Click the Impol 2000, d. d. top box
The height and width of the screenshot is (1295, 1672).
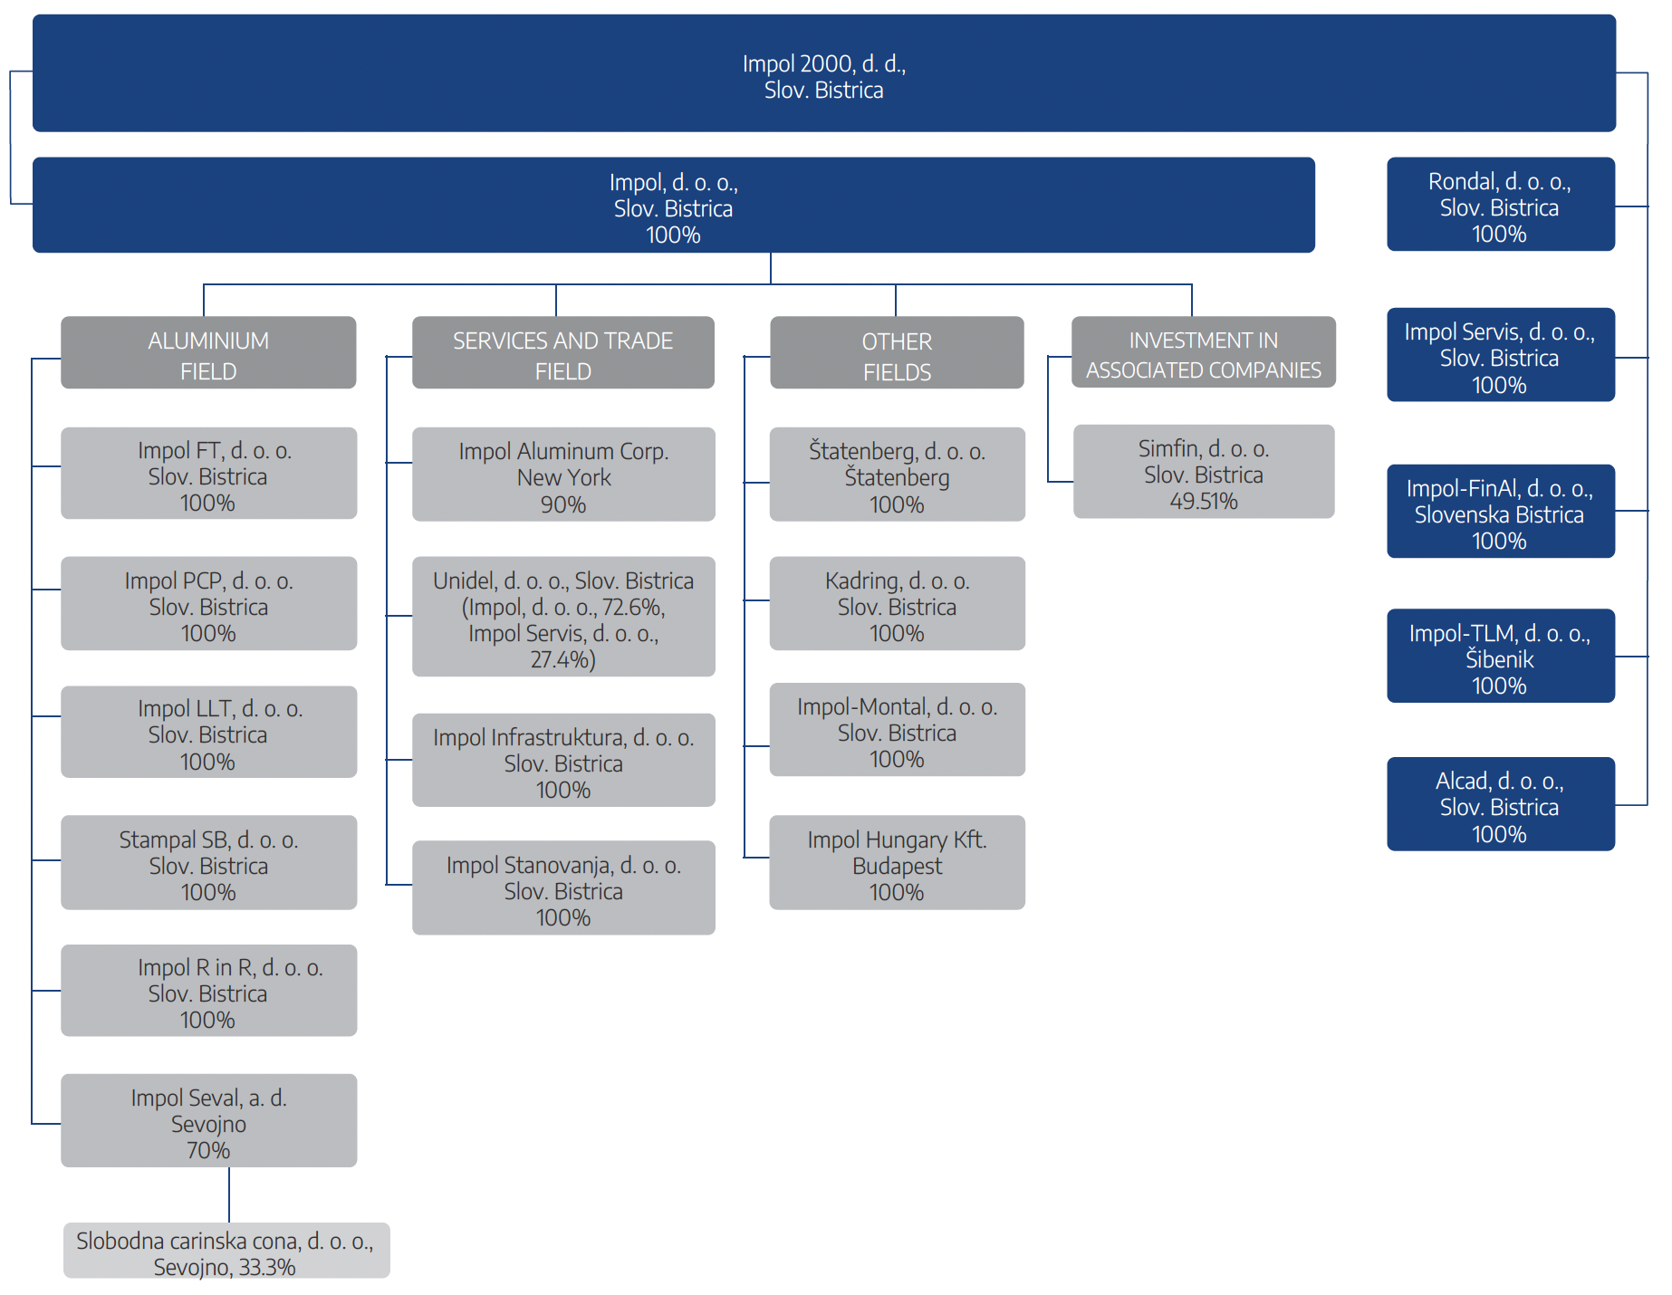click(x=824, y=73)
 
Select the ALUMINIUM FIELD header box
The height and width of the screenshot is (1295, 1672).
click(x=208, y=352)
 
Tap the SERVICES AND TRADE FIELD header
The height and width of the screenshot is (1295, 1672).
click(x=563, y=352)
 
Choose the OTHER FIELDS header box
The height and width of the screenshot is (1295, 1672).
click(x=897, y=352)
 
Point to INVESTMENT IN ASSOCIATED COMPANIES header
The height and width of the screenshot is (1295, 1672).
click(x=1204, y=352)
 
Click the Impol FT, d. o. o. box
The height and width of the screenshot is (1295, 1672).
click(x=208, y=473)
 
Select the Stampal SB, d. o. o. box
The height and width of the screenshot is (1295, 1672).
click(x=208, y=862)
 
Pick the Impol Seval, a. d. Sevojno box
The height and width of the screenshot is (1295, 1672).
click(x=208, y=1120)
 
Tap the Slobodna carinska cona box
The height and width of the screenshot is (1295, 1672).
click(x=226, y=1251)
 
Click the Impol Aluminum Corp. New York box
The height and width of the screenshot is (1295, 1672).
click(x=563, y=475)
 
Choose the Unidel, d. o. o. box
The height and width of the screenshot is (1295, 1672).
click(x=563, y=617)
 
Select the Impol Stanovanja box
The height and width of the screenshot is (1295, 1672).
click(x=563, y=887)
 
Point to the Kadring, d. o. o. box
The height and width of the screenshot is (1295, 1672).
click(x=897, y=603)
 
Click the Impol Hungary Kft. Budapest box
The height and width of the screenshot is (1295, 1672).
click(x=897, y=862)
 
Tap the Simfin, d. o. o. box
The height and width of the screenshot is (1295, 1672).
click(x=1204, y=471)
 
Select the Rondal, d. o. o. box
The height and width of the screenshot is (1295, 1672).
click(x=1501, y=204)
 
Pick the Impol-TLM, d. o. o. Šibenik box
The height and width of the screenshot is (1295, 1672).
click(x=1501, y=656)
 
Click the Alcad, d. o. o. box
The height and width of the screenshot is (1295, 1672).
click(x=1501, y=803)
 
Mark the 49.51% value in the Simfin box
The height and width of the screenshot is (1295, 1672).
click(x=1204, y=501)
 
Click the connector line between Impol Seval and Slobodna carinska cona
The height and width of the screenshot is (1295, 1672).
click(x=229, y=1194)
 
